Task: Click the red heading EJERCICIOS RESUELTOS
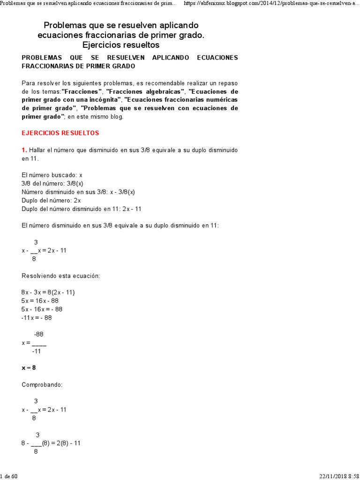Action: tap(60, 133)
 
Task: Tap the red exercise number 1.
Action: tap(24, 150)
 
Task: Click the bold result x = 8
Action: tap(29, 367)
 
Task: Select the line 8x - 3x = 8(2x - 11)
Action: tap(48, 292)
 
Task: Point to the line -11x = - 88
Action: tap(37, 317)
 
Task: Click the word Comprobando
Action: tap(42, 384)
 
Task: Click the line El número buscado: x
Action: tap(52, 175)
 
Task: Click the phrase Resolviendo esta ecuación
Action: tap(61, 276)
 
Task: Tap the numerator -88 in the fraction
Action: tap(38, 334)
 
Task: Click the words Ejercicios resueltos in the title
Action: tap(121, 45)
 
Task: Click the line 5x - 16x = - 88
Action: tap(42, 309)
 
